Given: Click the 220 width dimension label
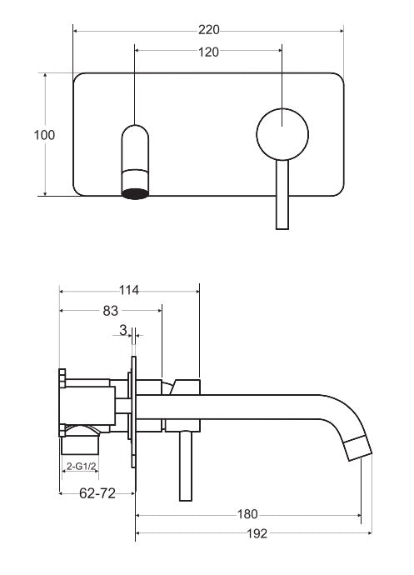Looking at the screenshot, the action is (208, 30).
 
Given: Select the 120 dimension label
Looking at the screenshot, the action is (208, 52).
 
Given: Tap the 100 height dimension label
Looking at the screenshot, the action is (44, 135).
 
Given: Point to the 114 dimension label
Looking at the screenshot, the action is (129, 290).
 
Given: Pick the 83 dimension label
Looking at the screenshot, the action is (111, 311).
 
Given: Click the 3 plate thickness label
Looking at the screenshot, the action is (123, 330).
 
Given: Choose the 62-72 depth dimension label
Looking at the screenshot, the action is (97, 493).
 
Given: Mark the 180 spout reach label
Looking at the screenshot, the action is (247, 514).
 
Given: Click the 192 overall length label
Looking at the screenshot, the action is (257, 533).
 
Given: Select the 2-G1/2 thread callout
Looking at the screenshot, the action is (81, 467).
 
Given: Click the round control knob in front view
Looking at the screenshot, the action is (282, 134).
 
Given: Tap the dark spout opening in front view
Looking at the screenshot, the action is (135, 194).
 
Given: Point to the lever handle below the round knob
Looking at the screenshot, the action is (282, 195).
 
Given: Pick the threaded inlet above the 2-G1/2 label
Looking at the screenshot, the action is (80, 444).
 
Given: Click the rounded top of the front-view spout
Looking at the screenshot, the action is (135, 132).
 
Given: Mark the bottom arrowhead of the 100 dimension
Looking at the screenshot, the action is (45, 192).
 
